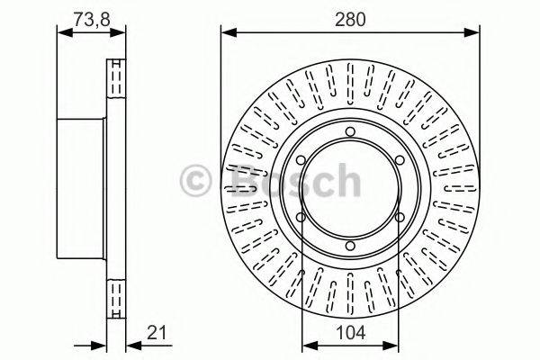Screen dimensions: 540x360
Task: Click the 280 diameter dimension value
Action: click(350, 19)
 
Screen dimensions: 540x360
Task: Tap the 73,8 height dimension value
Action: click(92, 19)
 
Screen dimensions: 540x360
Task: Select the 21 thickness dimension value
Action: click(157, 332)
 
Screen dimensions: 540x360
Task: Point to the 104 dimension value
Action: click(350, 333)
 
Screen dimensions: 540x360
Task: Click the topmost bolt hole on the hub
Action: click(350, 131)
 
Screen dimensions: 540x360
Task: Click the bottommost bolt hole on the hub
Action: click(350, 246)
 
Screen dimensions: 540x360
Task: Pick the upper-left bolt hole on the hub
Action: click(301, 160)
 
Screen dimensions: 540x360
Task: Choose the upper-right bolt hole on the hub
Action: click(400, 160)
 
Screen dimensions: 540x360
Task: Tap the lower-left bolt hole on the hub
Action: click(301, 218)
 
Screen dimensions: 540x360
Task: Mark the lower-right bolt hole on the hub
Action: click(400, 218)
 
